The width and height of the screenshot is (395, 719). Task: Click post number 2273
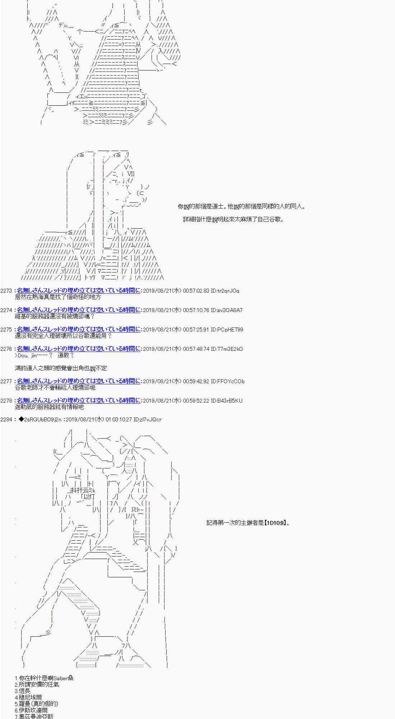point(6,290)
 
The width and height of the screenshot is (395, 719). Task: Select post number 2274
point(6,310)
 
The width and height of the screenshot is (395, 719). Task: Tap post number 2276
point(6,349)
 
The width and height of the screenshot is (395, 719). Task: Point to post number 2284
point(6,419)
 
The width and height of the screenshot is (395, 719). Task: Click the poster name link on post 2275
point(79,329)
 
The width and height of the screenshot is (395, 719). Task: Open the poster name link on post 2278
point(79,400)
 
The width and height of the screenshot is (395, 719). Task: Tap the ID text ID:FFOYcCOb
point(228,381)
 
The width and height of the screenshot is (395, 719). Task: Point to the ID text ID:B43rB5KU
point(227,400)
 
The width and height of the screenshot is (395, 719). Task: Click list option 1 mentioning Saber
point(44,678)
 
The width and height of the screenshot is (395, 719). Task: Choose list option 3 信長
point(23,691)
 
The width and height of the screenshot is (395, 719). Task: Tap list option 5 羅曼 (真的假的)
point(36,704)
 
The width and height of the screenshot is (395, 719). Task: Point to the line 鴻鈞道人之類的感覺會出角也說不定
point(61,368)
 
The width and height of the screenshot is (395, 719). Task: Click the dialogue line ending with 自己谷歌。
point(233,219)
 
